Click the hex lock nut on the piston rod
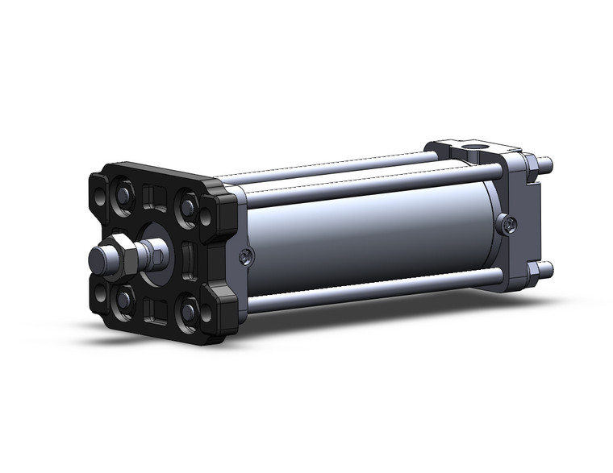click(122, 257)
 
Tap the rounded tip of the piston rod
click(96, 259)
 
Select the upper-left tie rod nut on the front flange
click(125, 194)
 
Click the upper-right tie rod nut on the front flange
click(188, 208)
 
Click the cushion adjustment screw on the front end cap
click(245, 256)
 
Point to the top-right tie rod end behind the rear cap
click(546, 164)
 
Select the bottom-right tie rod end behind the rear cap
click(546, 268)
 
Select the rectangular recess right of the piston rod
click(187, 260)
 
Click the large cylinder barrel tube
click(363, 234)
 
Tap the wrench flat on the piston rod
click(158, 256)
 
